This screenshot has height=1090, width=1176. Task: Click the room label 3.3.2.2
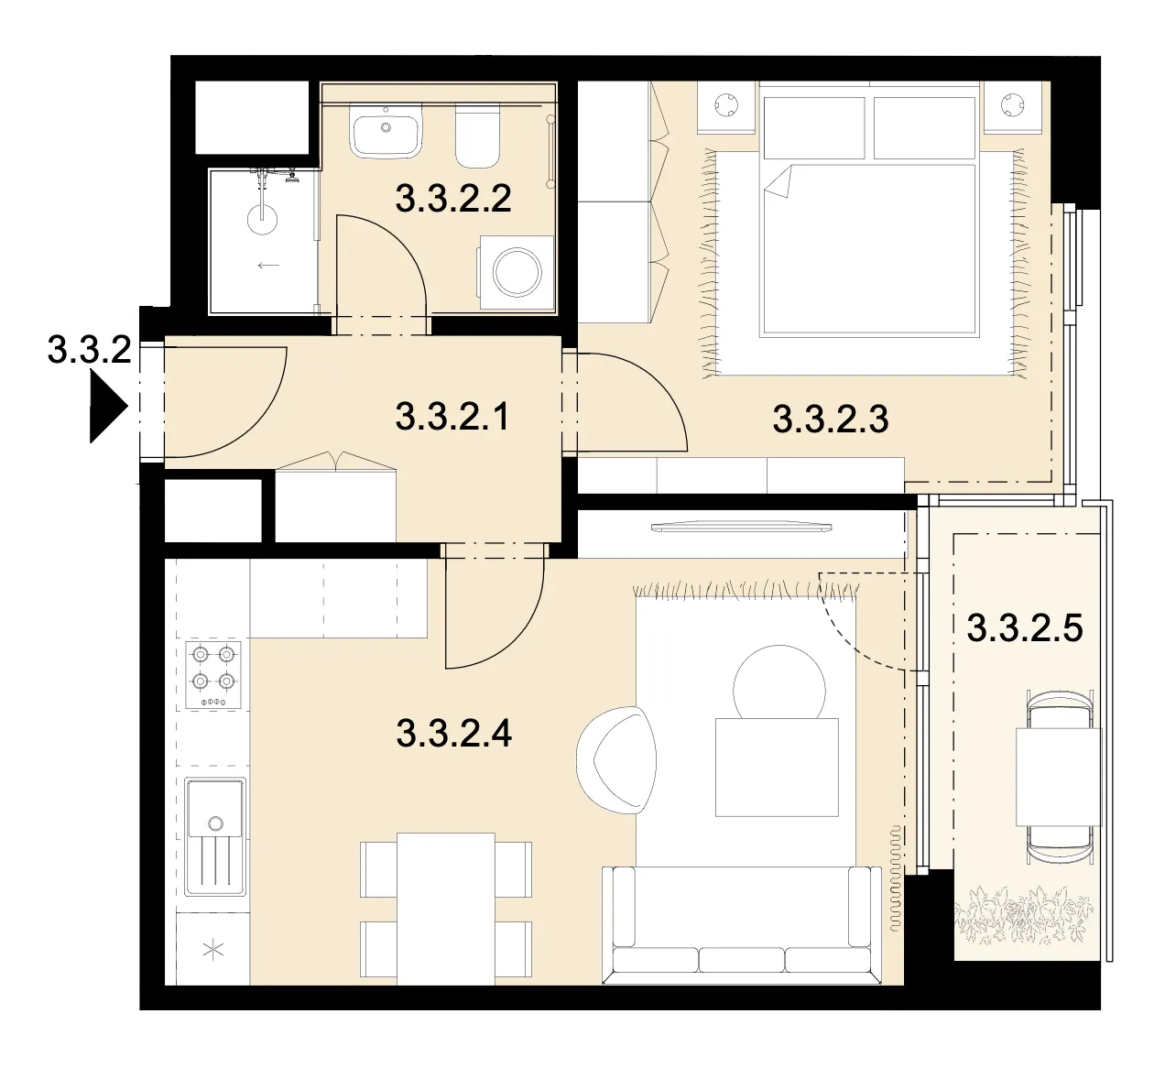coord(453,199)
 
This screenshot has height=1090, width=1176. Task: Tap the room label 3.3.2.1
coord(452,417)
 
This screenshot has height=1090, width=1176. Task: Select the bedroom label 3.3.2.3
coord(830,420)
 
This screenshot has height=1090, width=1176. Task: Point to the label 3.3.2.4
coord(453,734)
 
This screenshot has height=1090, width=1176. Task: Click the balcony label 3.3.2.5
coord(1025,628)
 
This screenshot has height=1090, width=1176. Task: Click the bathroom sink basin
coord(387,132)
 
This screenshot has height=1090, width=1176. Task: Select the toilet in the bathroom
coord(477,136)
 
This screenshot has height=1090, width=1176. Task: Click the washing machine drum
coord(517,273)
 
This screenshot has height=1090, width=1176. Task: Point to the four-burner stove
coord(213,675)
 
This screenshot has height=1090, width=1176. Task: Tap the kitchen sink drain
coord(215,823)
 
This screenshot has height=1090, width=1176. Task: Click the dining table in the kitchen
coord(446,909)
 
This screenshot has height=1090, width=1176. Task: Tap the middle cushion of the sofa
coord(741,959)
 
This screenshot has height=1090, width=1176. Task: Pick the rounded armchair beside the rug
coord(617,760)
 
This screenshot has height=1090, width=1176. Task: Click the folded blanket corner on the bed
coord(779,182)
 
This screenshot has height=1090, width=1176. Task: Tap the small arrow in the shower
coord(268,265)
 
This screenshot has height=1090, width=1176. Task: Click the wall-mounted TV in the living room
coord(741,526)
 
